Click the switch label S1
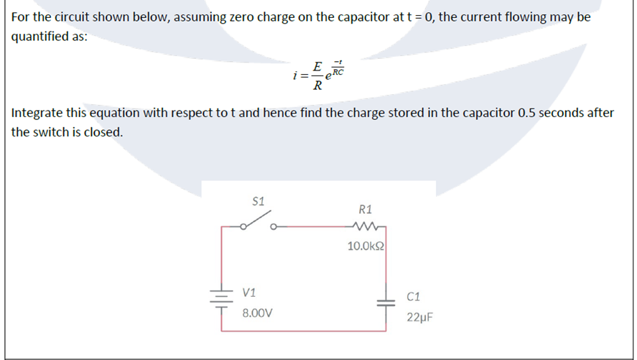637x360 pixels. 259,201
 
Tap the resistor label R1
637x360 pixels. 365,210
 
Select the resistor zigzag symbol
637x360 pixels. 365,228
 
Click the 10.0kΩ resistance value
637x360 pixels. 366,246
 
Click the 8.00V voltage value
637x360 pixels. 257,313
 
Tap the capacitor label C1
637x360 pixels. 414,295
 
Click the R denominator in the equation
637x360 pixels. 317,88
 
